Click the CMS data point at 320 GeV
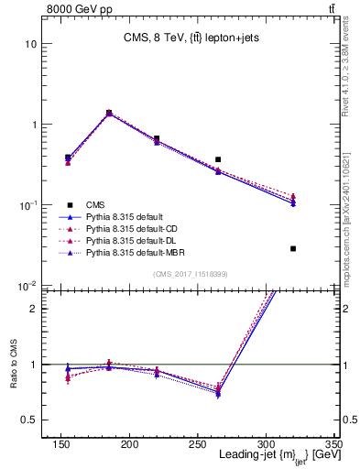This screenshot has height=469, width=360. tap(293, 248)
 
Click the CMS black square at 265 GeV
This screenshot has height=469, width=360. tap(218, 159)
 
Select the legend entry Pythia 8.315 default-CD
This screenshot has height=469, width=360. tap(131, 227)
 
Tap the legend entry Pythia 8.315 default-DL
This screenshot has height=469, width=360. tap(131, 239)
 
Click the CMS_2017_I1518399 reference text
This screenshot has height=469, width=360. tap(191, 273)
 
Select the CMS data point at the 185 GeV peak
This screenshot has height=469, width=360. tap(109, 113)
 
